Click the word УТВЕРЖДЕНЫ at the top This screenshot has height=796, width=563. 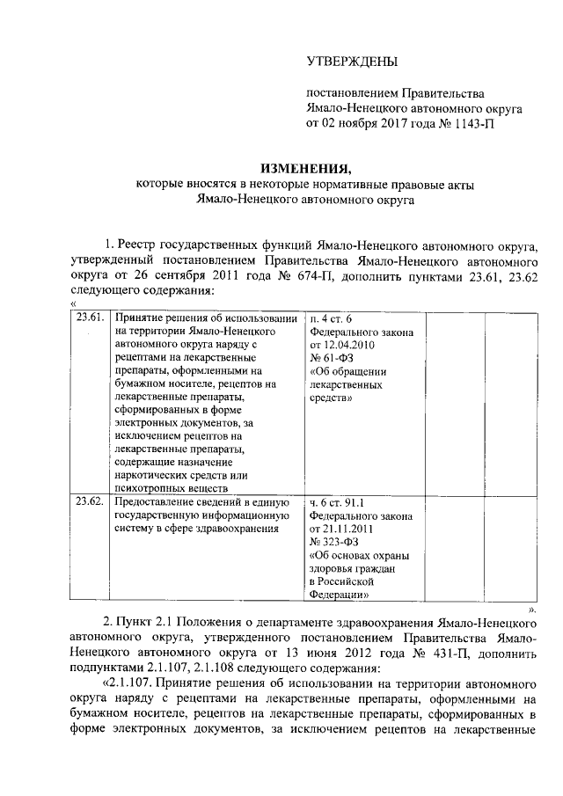[x=351, y=62]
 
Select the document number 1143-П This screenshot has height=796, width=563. [x=474, y=124]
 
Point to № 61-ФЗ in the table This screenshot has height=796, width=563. [x=331, y=358]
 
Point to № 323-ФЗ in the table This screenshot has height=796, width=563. [x=333, y=543]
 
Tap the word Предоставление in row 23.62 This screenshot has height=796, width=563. [x=153, y=502]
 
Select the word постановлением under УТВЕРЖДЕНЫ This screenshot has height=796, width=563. [x=350, y=92]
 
